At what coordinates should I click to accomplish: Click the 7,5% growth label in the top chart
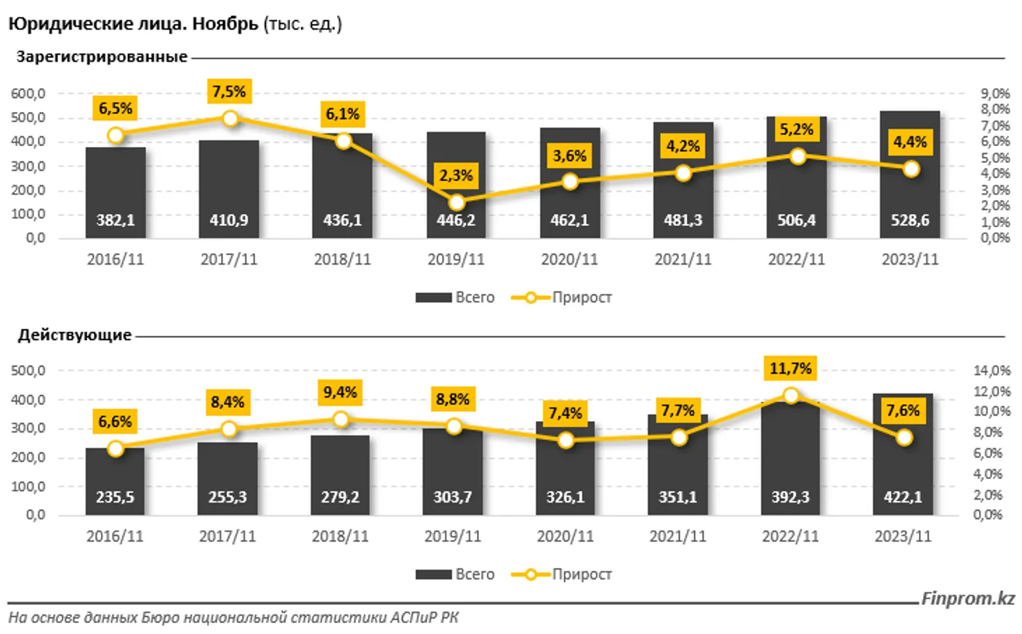[229, 92]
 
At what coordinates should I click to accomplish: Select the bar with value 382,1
[116, 193]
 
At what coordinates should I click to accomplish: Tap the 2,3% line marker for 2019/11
[456, 202]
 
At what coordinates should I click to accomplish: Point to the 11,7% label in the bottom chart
[790, 369]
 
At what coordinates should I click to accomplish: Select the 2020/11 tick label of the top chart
[569, 260]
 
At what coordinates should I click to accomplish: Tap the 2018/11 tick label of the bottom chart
[339, 537]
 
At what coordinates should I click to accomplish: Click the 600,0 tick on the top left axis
[28, 94]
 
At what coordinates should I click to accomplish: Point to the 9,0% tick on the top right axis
[995, 94]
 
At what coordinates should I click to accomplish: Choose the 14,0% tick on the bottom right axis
[992, 371]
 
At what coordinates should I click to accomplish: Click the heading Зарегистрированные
[102, 57]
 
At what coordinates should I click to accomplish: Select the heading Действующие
[75, 335]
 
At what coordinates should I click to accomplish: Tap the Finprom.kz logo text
[967, 598]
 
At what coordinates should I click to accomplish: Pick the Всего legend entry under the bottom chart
[455, 574]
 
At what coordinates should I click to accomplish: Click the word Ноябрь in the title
[225, 24]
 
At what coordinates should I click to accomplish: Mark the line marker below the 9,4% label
[340, 420]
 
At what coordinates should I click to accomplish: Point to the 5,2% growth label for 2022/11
[797, 129]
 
